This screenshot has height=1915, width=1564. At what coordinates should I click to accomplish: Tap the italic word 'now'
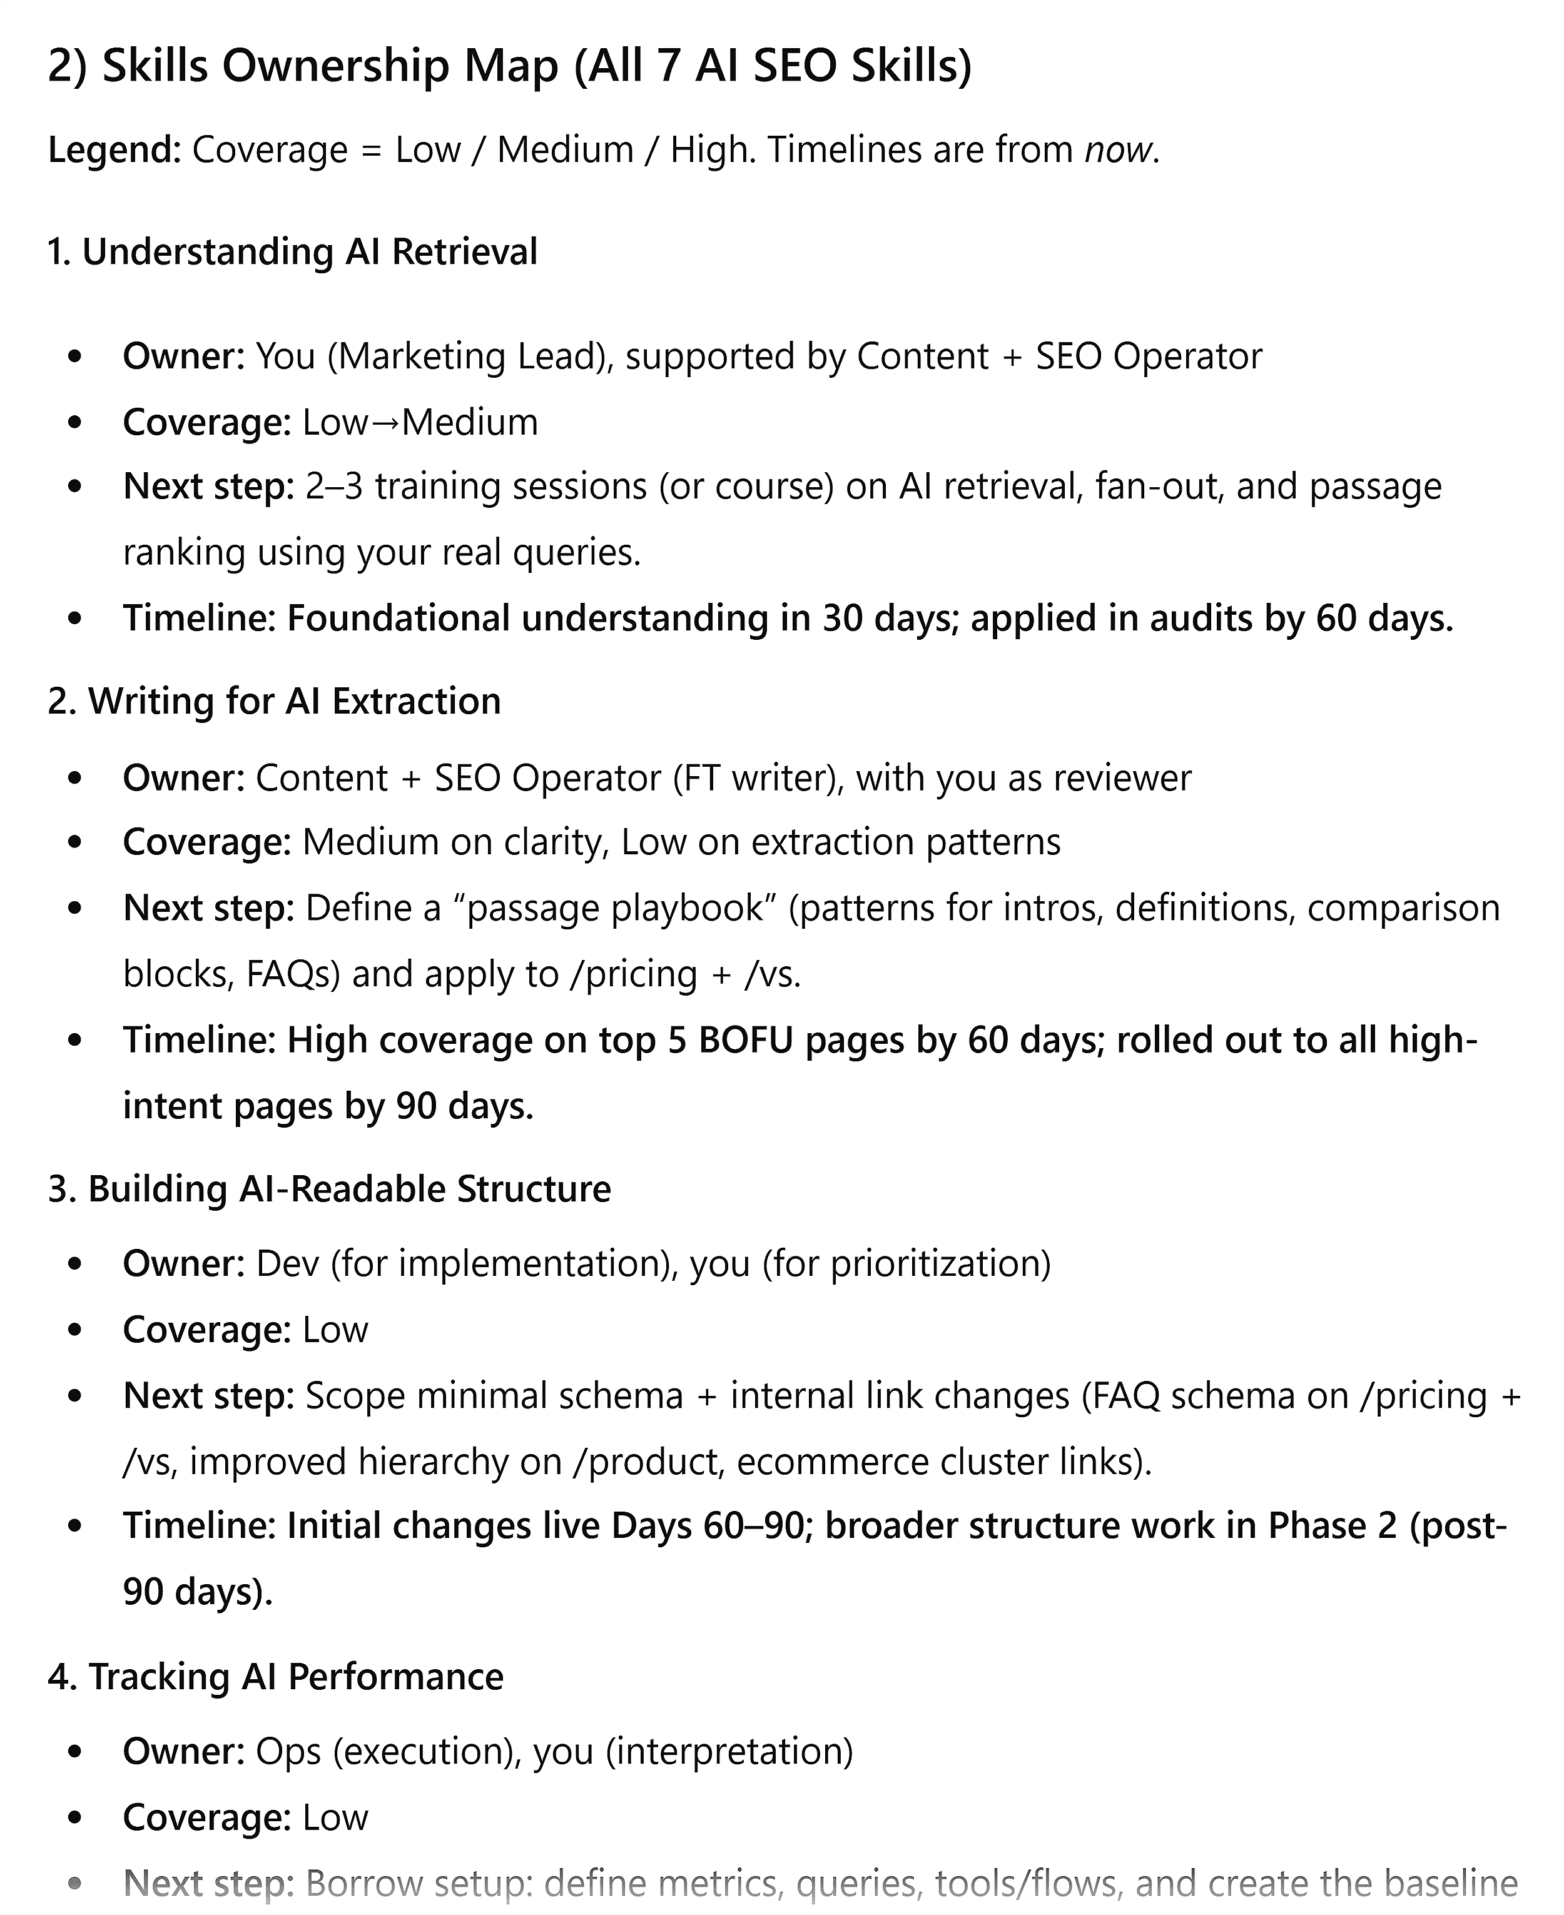(1118, 149)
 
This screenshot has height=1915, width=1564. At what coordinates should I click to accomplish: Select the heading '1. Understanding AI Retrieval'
(293, 252)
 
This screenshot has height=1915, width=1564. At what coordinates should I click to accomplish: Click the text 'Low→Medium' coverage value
(420, 422)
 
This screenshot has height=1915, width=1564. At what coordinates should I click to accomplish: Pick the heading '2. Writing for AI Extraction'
(275, 702)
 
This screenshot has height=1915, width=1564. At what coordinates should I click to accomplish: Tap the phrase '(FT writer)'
(759, 778)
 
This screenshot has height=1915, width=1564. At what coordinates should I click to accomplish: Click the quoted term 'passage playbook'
(614, 908)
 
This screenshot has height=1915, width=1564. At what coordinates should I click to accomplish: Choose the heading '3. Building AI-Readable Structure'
(330, 1189)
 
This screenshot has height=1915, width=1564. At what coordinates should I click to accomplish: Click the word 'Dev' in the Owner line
(287, 1264)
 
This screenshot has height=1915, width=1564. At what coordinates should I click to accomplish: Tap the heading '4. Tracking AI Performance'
(276, 1677)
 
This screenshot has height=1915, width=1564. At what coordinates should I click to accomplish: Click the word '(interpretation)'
(729, 1752)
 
